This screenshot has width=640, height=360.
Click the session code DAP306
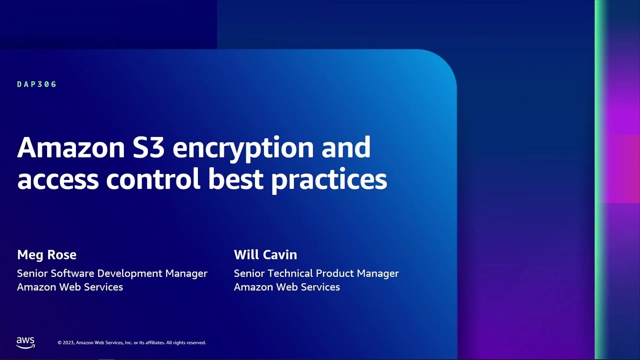36,84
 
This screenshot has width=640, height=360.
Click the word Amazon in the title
71,147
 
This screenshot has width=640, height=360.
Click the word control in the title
153,178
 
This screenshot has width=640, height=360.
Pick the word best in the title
235,178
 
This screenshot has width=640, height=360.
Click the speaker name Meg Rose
46,255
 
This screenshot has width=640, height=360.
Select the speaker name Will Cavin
265,254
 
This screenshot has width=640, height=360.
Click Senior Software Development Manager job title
112,273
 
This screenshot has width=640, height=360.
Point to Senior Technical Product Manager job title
316,273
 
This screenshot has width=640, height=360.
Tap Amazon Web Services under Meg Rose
70,287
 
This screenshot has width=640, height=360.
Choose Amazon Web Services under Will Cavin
287,287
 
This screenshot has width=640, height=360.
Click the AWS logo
25,342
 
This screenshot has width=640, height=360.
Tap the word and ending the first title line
346,147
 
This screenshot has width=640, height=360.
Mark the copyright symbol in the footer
59,342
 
